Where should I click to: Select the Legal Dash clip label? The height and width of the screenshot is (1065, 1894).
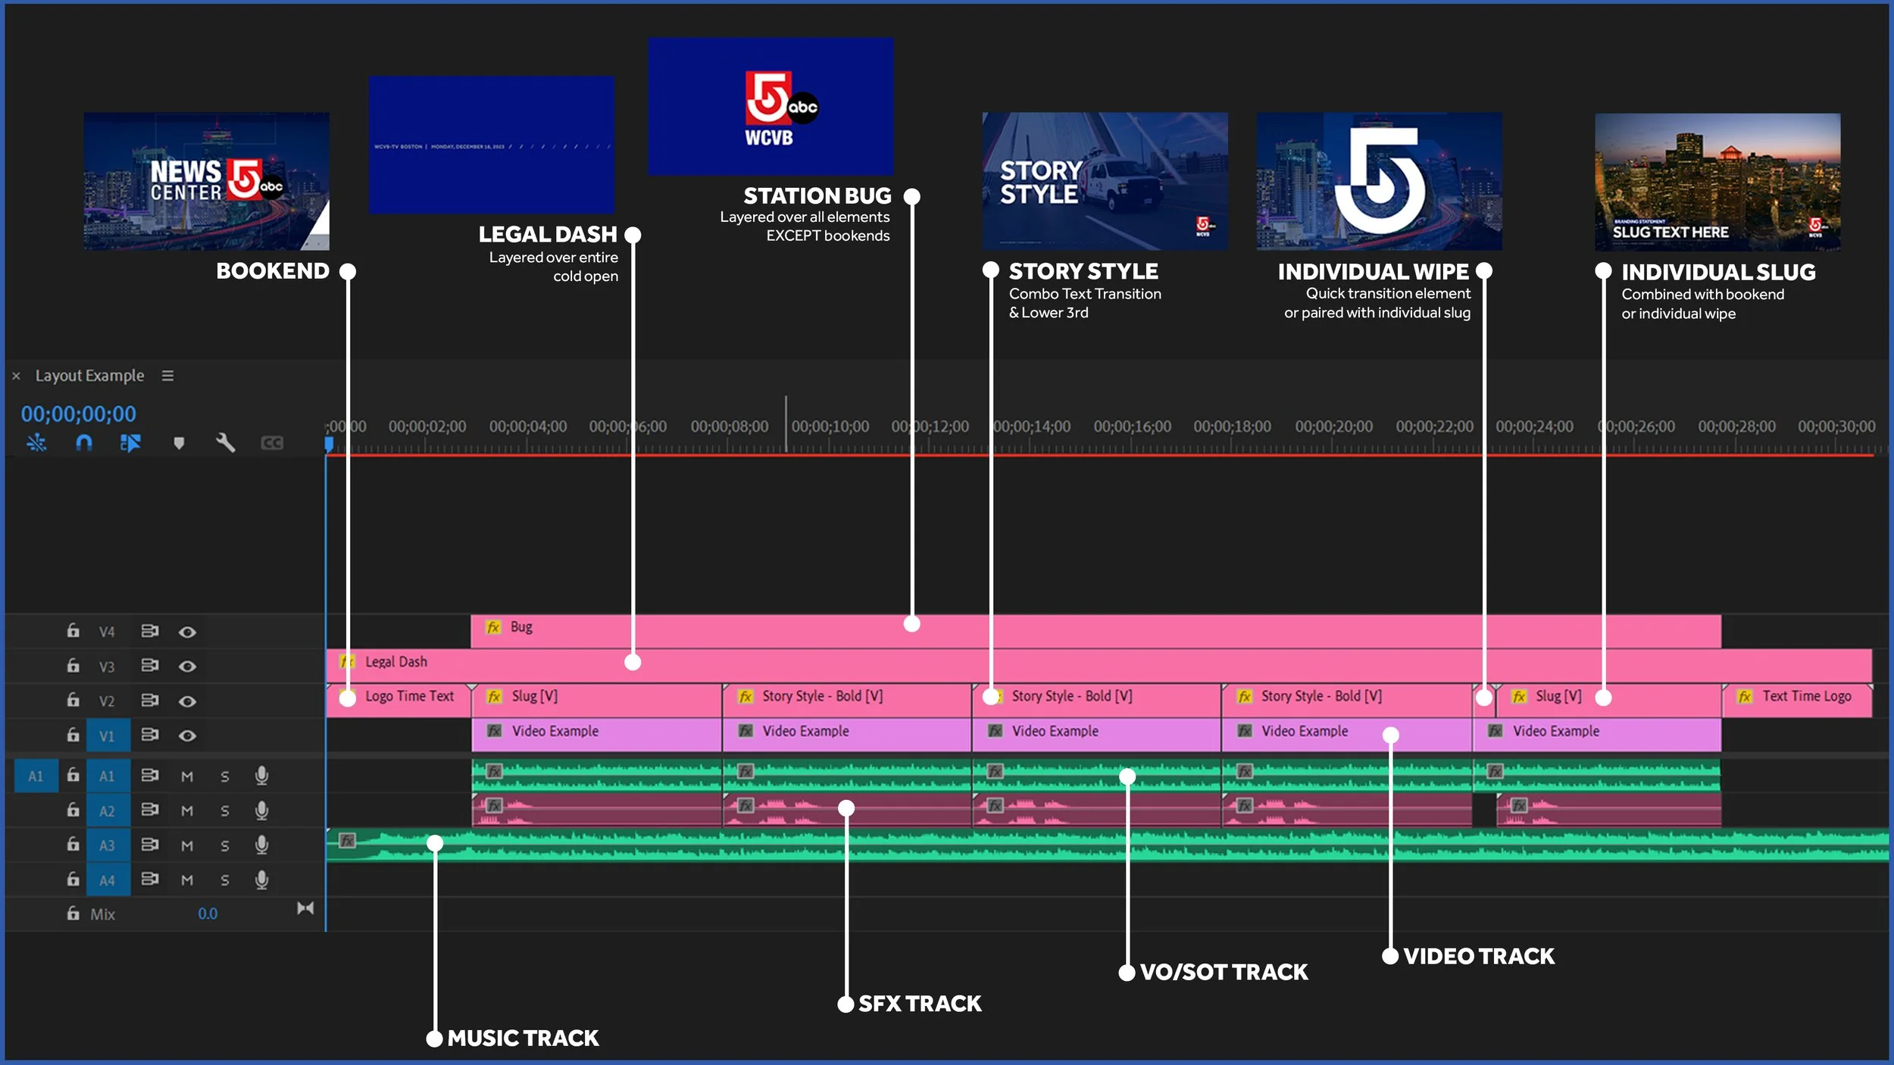click(395, 662)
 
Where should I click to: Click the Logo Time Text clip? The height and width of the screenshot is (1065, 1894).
click(408, 696)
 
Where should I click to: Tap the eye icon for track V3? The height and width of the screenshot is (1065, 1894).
click(187, 667)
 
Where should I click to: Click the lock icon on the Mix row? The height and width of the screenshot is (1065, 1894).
click(73, 914)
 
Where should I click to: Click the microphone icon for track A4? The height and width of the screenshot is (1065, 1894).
click(261, 879)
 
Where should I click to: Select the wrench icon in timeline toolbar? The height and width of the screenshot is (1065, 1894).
click(225, 442)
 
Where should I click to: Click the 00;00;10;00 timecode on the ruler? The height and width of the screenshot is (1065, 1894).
click(830, 426)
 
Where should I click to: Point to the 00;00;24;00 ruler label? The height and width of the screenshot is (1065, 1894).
click(1534, 426)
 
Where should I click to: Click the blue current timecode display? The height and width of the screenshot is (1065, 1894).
click(79, 414)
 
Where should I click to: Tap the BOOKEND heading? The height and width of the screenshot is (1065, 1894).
click(273, 270)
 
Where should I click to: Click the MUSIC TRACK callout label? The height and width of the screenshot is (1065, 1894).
click(523, 1038)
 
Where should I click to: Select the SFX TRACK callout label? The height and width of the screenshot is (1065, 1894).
click(920, 1004)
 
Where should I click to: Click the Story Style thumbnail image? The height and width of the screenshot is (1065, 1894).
click(1105, 181)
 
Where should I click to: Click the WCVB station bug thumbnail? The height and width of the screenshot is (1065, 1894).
click(770, 107)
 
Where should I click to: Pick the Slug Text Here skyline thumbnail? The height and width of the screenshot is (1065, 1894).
click(1717, 182)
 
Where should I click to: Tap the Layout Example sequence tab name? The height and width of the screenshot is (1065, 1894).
click(89, 376)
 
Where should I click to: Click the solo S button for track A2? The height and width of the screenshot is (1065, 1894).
click(224, 811)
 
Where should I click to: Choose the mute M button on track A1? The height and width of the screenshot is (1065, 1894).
click(187, 776)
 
